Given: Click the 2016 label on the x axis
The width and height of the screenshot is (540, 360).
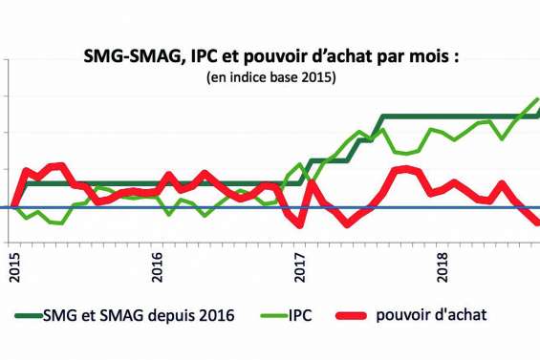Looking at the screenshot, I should pos(159,265).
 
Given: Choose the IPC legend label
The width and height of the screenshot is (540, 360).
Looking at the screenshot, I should pos(323,313).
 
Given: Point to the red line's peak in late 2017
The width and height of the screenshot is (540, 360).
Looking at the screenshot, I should pos(406,169).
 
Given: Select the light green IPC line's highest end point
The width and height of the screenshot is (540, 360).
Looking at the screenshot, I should pos(538,98).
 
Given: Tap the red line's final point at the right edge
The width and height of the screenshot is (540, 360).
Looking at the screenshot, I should pos(537,222).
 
